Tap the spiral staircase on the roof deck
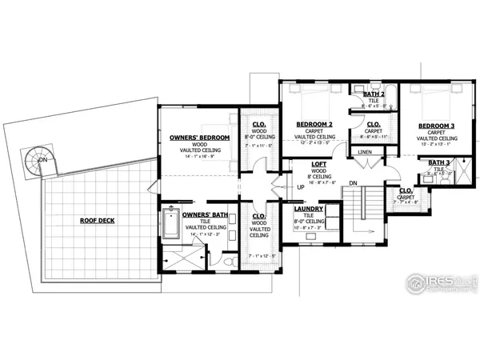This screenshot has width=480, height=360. click(x=37, y=159)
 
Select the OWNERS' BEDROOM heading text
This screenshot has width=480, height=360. click(x=199, y=138)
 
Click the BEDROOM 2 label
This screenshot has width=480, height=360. click(x=314, y=125)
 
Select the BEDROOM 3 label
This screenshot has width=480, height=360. click(x=437, y=126)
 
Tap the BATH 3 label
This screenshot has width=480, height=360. click(x=438, y=162)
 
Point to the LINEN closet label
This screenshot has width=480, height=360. click(x=365, y=151)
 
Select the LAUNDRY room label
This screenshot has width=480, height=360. click(x=308, y=209)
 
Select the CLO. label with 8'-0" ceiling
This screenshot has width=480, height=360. click(x=259, y=125)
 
